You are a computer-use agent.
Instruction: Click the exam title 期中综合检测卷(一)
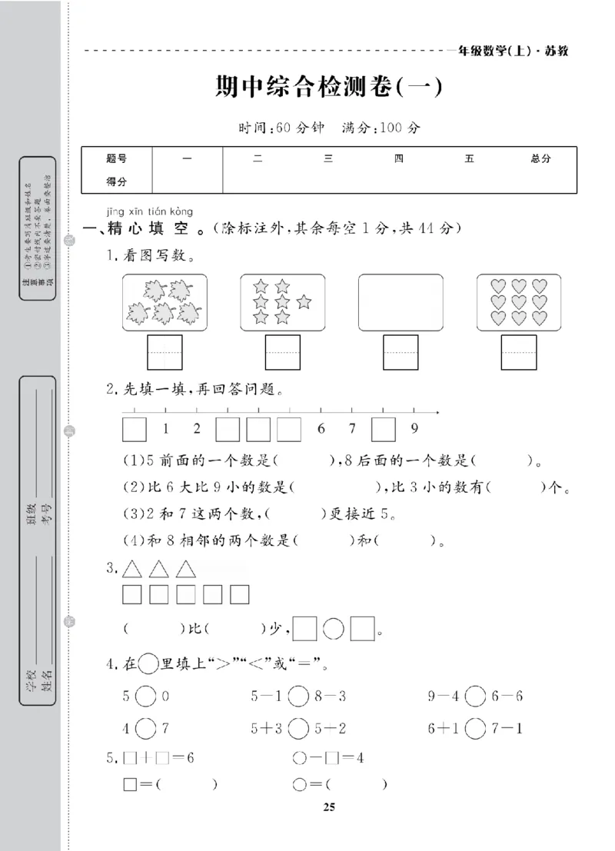click(x=330, y=88)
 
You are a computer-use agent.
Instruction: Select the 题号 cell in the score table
click(x=117, y=158)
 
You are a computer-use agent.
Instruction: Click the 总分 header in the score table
click(x=540, y=158)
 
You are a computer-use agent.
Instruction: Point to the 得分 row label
click(x=117, y=182)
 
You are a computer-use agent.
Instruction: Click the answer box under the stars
click(x=282, y=353)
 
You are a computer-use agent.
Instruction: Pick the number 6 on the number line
click(x=321, y=429)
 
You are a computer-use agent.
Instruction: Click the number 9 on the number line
click(x=414, y=429)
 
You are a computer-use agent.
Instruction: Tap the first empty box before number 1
click(x=134, y=429)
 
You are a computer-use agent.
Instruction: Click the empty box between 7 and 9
click(x=384, y=429)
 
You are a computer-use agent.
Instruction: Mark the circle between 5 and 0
click(x=146, y=697)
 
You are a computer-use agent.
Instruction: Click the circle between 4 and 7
click(x=146, y=727)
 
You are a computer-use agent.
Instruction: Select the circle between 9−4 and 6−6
click(x=476, y=697)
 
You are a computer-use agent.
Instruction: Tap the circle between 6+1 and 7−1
click(x=476, y=727)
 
